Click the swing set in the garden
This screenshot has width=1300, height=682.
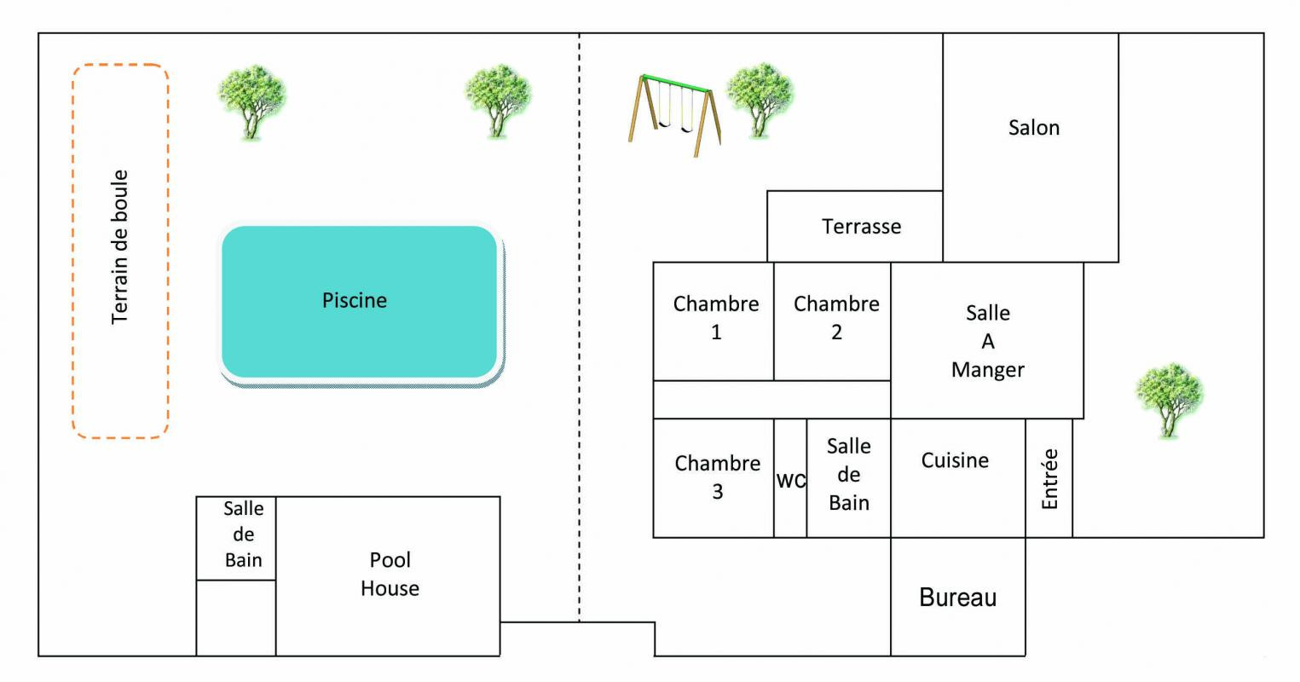[674, 115]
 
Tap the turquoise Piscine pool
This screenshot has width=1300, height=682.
[360, 302]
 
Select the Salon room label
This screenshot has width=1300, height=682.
[1034, 128]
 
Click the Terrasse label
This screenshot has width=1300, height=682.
[861, 227]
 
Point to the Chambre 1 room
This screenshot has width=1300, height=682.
[714, 321]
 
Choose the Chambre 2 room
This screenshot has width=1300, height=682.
[832, 321]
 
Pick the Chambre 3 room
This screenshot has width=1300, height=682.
[714, 478]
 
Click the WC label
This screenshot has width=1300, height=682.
[790, 481]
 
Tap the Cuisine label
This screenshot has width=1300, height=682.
[955, 460]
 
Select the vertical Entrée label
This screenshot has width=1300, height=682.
[1050, 479]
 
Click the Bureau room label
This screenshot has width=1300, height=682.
[957, 598]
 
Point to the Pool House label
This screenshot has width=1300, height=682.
[390, 574]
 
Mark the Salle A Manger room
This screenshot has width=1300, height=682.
[987, 341]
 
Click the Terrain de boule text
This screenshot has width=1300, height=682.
[119, 247]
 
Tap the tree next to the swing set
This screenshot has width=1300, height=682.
[760, 100]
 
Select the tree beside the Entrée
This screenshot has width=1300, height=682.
[1170, 399]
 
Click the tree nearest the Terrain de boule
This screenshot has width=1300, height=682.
[251, 101]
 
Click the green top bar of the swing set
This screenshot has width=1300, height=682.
[676, 83]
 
